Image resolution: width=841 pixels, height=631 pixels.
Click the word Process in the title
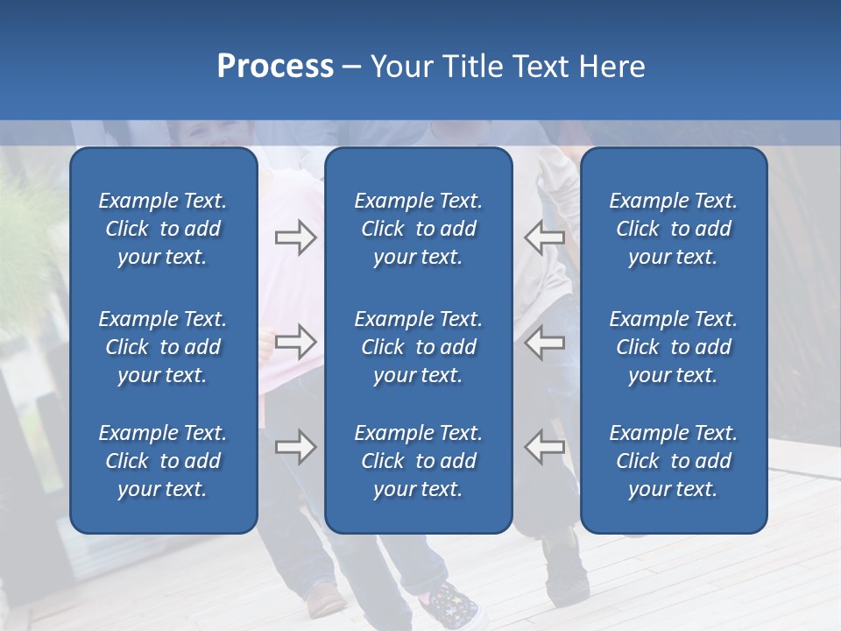coord(275,67)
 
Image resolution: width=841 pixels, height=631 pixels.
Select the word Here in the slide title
coord(611,67)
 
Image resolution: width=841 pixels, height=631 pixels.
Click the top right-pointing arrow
coord(295,238)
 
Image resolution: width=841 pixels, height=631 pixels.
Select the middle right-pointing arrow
coord(295,342)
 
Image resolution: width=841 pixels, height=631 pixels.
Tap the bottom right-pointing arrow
coord(295,447)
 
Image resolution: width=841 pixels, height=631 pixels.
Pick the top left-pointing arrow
coord(545,238)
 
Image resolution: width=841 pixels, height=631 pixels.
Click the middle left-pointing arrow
coord(545,342)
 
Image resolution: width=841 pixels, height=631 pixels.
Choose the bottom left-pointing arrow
coord(545,447)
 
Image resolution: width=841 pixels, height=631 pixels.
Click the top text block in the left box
coord(163,229)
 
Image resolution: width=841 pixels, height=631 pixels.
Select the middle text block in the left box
coord(163,347)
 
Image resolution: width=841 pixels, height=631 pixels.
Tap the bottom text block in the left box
coord(163,461)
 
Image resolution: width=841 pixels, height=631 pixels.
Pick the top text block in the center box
coord(418,229)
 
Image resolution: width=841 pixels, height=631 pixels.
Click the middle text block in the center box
coord(418,347)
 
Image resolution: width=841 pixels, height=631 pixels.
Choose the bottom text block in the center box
coord(418,461)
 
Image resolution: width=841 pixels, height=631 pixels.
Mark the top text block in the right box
coord(673,229)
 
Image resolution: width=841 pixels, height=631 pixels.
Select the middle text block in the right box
coord(673,347)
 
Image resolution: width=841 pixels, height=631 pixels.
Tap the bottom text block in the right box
coord(673,461)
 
